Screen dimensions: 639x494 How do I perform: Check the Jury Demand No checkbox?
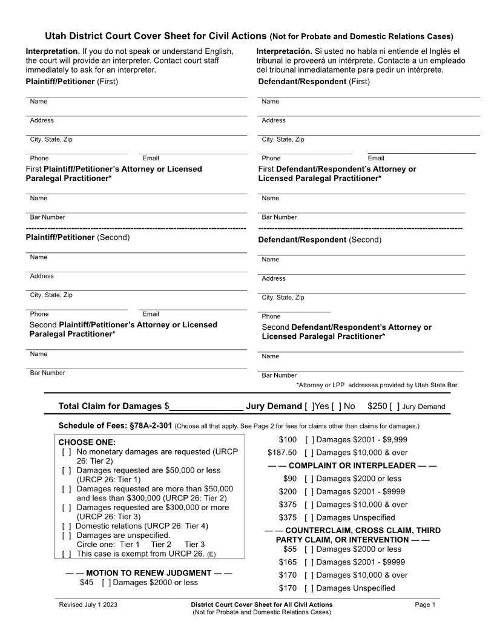[337, 407]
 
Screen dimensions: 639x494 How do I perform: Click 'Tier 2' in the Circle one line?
[161, 545]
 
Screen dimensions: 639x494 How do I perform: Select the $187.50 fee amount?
[282, 453]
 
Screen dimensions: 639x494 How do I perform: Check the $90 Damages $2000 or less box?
[309, 479]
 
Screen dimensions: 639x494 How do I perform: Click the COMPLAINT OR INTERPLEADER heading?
[352, 466]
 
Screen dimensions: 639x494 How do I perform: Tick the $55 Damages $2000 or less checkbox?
[309, 549]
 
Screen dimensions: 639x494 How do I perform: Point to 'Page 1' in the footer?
[425, 605]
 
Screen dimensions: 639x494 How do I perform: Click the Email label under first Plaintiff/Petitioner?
[151, 159]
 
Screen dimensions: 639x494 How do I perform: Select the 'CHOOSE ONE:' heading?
[87, 442]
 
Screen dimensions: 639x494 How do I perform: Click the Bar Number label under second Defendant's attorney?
[279, 375]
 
